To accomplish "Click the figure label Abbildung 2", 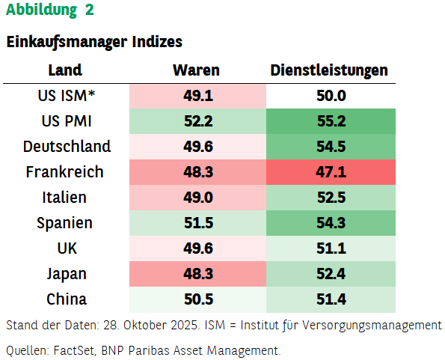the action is (x=50, y=10).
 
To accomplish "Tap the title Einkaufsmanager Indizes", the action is (x=94, y=43).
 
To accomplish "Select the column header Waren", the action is (x=197, y=70).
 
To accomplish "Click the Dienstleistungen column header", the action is (x=329, y=70).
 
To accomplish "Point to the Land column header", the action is (x=65, y=70).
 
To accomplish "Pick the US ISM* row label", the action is (x=67, y=95).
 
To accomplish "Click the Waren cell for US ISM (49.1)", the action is (x=197, y=96).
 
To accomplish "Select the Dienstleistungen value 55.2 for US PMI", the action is (x=331, y=121).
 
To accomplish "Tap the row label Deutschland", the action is (x=67, y=147).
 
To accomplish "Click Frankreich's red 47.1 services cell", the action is (x=331, y=172).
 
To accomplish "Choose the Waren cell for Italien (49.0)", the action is (x=197, y=198).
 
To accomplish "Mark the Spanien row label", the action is (x=65, y=223).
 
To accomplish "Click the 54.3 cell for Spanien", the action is (x=331, y=223).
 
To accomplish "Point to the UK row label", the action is (x=67, y=248).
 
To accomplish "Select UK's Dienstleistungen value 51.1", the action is (x=331, y=248).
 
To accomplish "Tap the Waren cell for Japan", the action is (x=197, y=274).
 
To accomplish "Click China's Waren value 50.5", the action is (x=197, y=299).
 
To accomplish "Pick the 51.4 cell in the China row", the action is (x=331, y=299).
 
